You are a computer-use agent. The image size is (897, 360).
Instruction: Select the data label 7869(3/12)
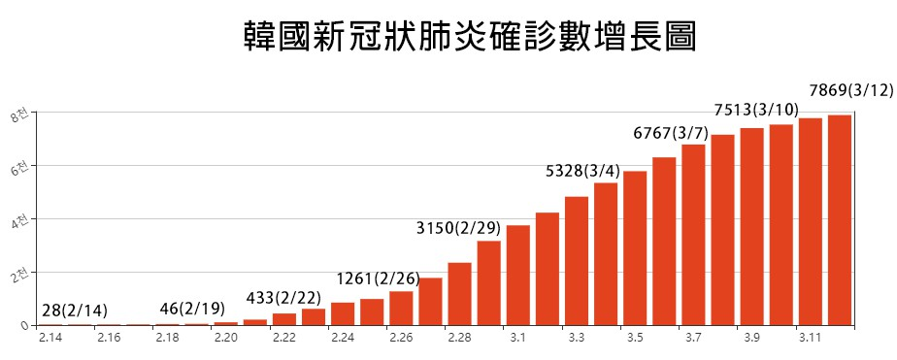(x=850, y=90)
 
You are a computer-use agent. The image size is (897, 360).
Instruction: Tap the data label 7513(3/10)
(x=756, y=110)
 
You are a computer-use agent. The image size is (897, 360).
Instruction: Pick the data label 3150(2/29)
(x=458, y=229)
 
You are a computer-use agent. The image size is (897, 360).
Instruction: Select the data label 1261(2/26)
(x=378, y=278)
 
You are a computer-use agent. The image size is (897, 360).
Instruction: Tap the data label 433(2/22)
(x=285, y=297)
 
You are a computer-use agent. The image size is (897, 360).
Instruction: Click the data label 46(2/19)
(x=192, y=310)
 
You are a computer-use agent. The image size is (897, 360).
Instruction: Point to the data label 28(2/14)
(x=75, y=311)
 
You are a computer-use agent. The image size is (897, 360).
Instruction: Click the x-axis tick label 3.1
(x=517, y=337)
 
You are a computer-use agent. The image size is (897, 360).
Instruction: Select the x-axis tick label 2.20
(x=226, y=337)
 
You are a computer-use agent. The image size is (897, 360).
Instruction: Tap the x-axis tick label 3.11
(x=810, y=337)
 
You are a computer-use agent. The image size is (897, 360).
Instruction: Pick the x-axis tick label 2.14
(x=50, y=337)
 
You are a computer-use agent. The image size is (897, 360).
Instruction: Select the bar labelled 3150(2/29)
(x=488, y=282)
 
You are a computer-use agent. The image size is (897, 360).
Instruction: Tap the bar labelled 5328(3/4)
(x=606, y=253)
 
